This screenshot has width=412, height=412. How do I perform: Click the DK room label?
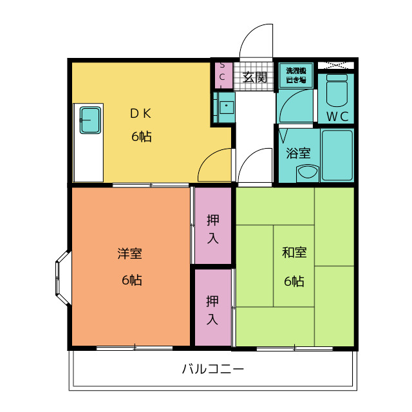pos(140,114)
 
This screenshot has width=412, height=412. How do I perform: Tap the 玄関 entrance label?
pos(255,78)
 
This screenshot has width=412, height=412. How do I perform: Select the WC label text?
pos(337,117)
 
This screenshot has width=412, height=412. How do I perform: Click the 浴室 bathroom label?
pos(298,153)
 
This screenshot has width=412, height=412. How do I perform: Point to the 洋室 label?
pos(129,253)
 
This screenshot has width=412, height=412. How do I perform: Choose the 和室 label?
pos(294,252)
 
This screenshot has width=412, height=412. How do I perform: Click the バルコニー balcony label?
pos(212,370)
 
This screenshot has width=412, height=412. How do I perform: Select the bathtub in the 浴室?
pos(337,155)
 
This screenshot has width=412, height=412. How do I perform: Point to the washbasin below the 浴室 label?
pos(307,173)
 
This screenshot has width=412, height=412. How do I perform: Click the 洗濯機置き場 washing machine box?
pos(296,75)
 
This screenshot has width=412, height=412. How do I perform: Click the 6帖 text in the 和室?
pos(294,281)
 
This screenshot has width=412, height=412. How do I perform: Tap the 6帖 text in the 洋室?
pos(131,281)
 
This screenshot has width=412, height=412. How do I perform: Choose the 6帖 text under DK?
pos(142,136)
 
